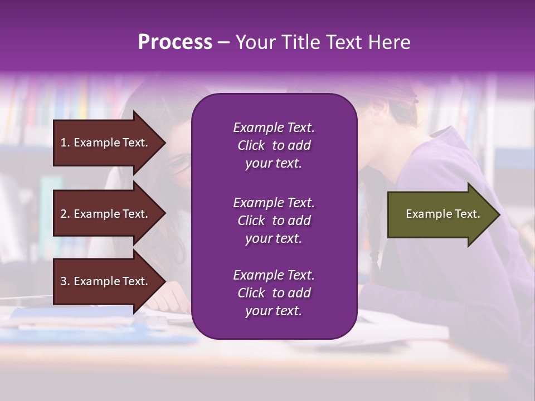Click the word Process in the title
click(x=175, y=42)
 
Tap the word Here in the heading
click(x=390, y=42)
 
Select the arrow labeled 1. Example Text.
click(x=106, y=143)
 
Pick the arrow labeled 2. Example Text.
click(x=106, y=214)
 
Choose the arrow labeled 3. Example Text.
click(x=106, y=281)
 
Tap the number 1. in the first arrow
click(x=65, y=143)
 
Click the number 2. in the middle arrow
click(x=65, y=214)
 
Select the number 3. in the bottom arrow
click(x=65, y=281)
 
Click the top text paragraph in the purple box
click(x=274, y=145)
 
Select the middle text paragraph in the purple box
click(x=274, y=221)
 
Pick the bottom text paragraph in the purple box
click(x=274, y=293)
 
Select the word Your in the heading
click(x=254, y=42)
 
